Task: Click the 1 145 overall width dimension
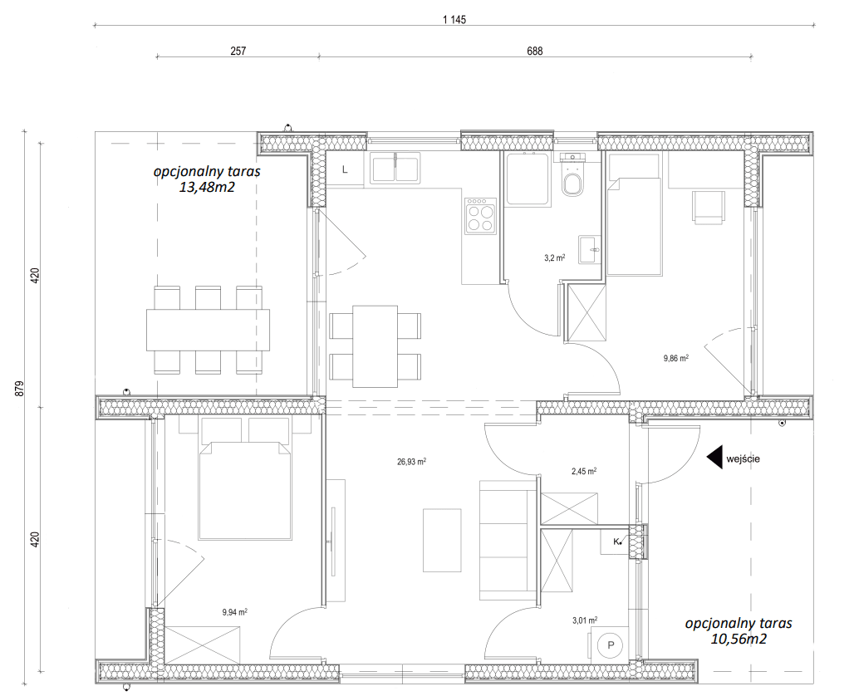pyautogui.click(x=454, y=20)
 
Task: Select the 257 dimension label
pyautogui.click(x=238, y=51)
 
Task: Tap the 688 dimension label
pyautogui.click(x=535, y=51)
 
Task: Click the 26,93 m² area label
pyautogui.click(x=412, y=463)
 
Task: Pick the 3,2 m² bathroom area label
pyautogui.click(x=554, y=258)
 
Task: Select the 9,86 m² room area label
pyautogui.click(x=676, y=358)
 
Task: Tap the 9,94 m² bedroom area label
pyautogui.click(x=235, y=612)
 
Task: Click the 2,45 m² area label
pyautogui.click(x=583, y=472)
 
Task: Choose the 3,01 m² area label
pyautogui.click(x=585, y=620)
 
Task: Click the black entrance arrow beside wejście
pyautogui.click(x=714, y=458)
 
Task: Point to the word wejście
pyautogui.click(x=743, y=458)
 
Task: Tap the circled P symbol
pyautogui.click(x=611, y=645)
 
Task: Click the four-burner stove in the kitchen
pyautogui.click(x=480, y=216)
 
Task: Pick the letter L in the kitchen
pyautogui.click(x=345, y=169)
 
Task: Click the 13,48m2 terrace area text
pyautogui.click(x=207, y=188)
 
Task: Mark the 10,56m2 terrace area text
pyautogui.click(x=739, y=639)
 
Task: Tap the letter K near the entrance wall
pyautogui.click(x=616, y=542)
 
